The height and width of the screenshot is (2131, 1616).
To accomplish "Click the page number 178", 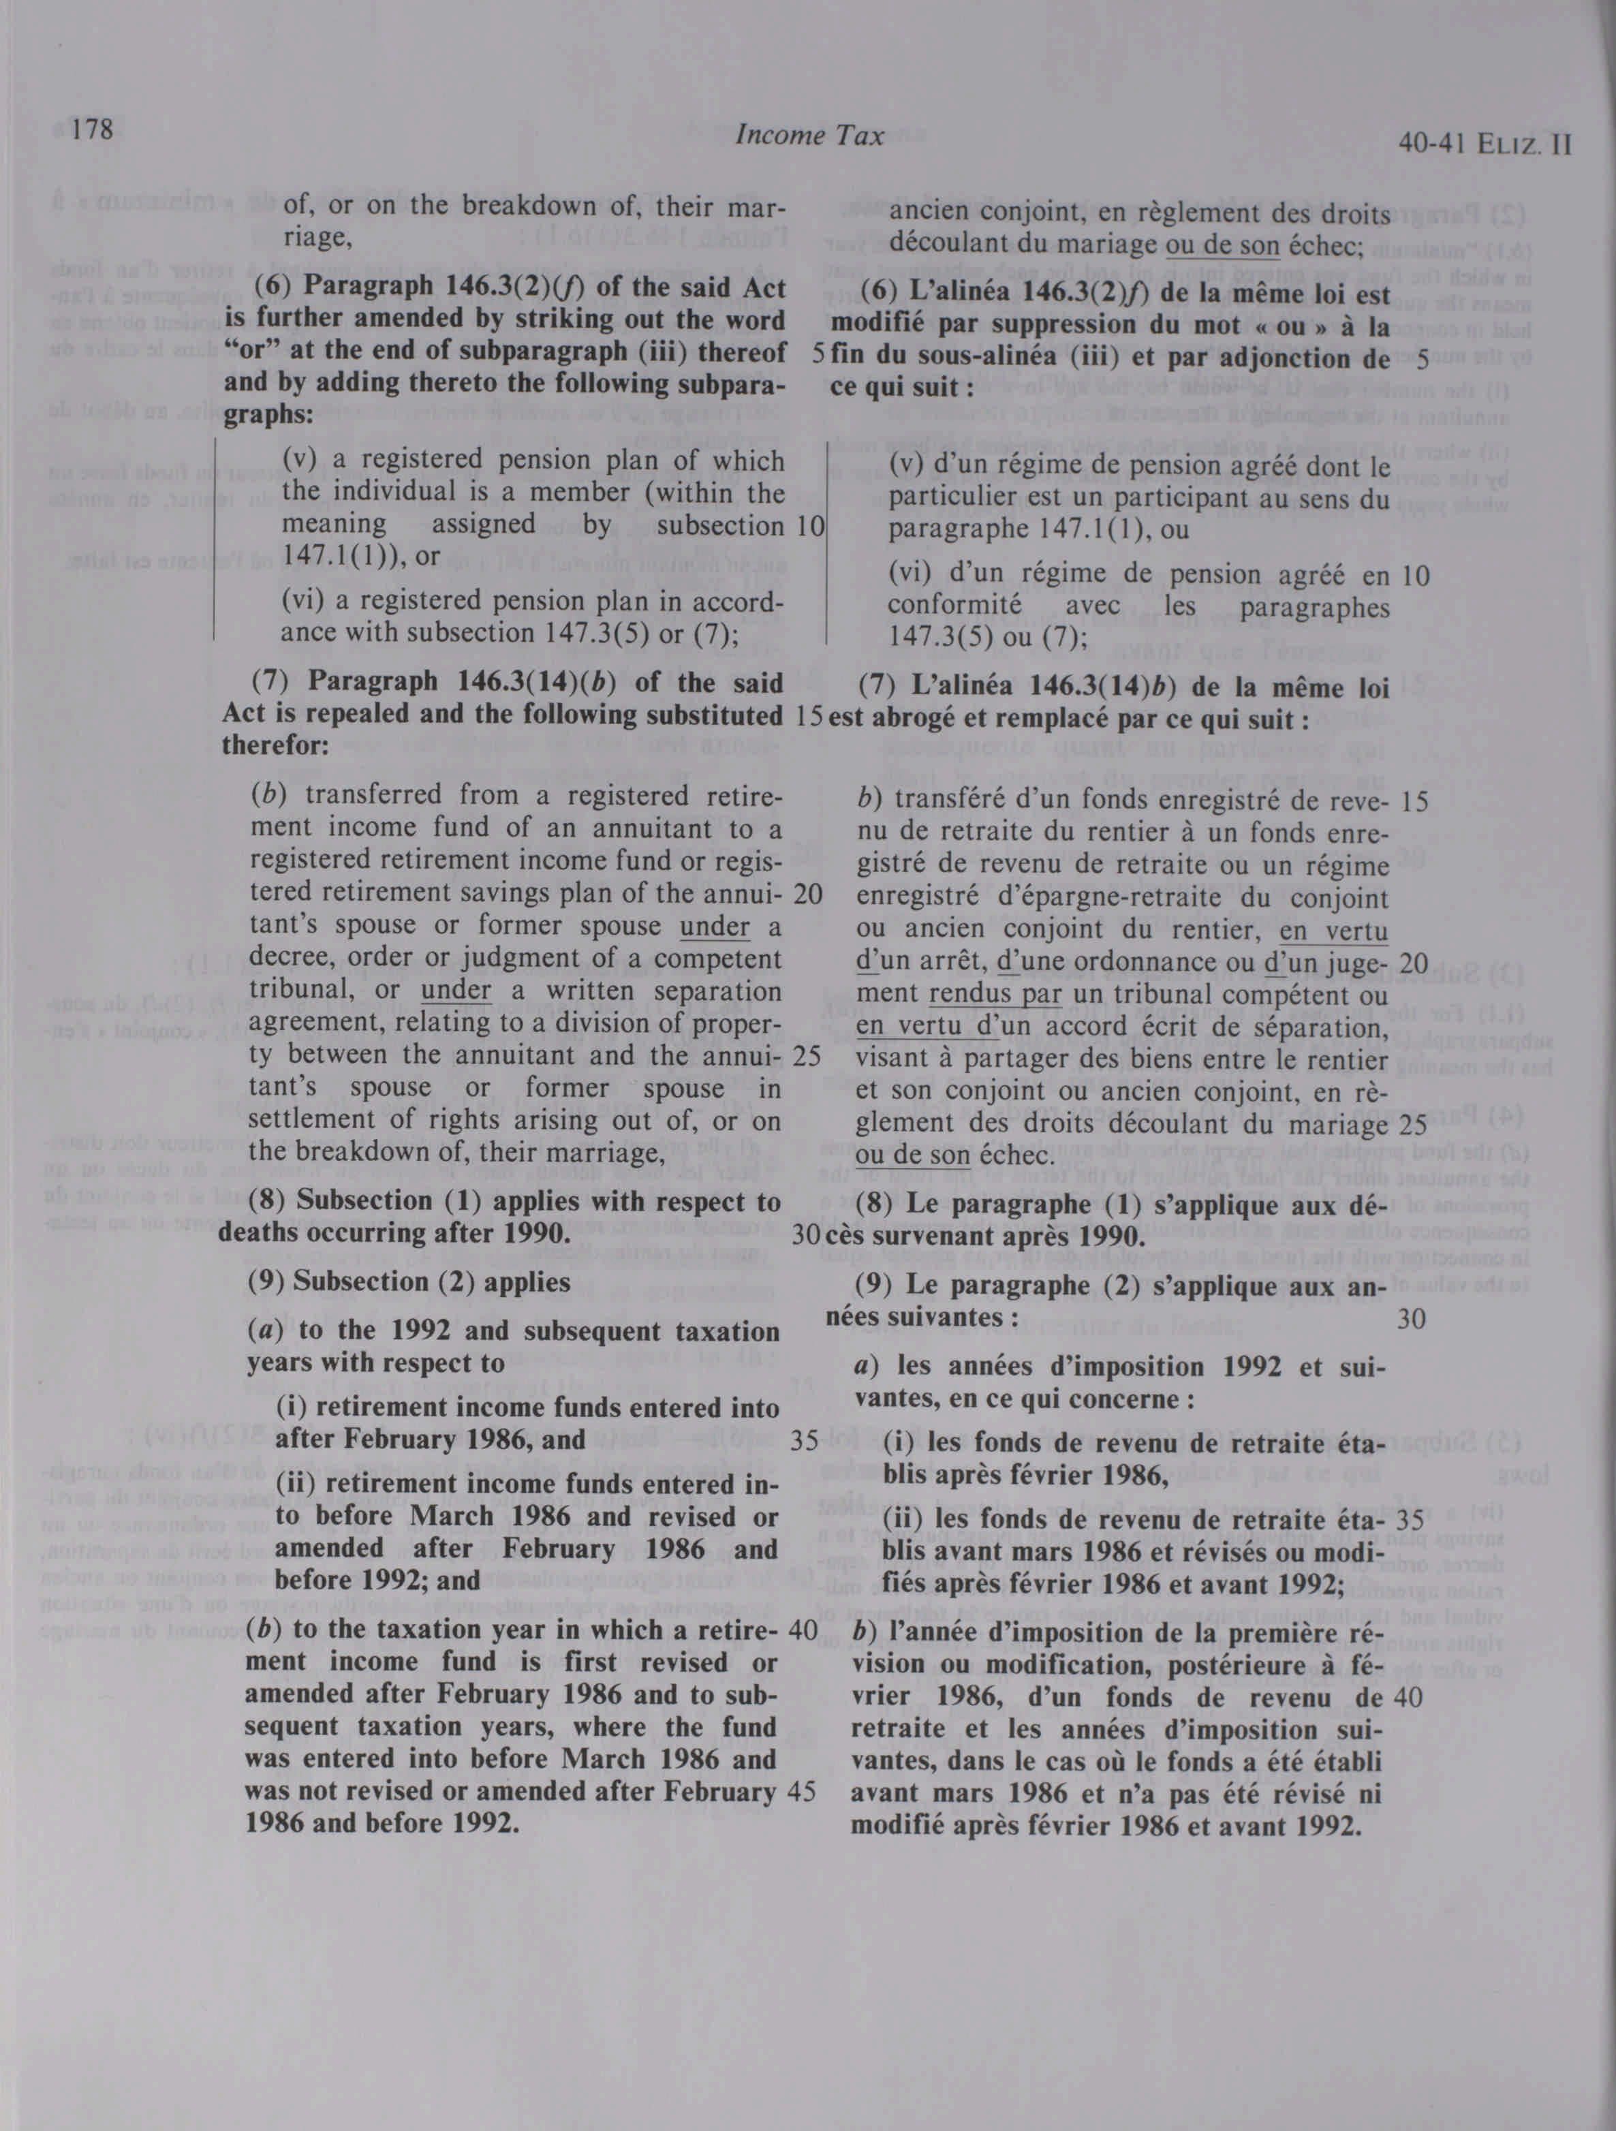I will click(91, 129).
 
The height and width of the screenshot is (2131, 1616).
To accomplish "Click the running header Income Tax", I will click(809, 136).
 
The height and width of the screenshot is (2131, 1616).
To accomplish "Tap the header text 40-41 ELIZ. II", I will click(1485, 144).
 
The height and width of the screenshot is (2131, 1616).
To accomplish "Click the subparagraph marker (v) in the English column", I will click(300, 461).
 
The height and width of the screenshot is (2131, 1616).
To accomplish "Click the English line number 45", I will click(802, 1791).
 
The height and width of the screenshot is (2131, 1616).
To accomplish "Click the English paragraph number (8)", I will click(269, 1202).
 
